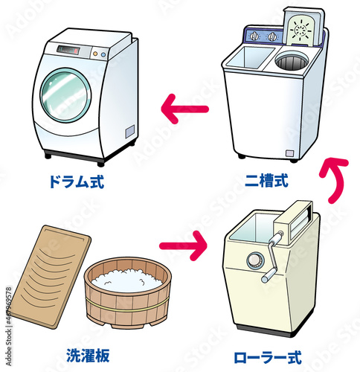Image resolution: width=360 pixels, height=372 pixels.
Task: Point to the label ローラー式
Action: coord(273,356)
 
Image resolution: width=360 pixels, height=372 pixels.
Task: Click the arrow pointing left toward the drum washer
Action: coord(184,109)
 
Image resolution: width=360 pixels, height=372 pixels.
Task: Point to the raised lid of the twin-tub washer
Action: coord(302,33)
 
